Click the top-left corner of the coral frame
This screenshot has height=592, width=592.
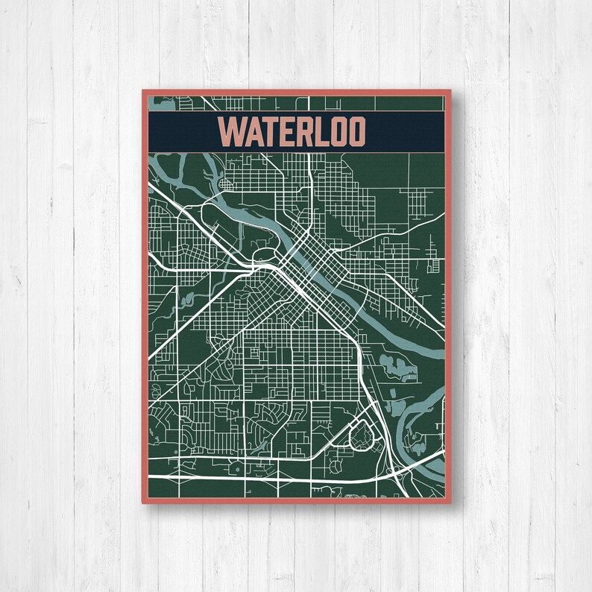click(x=143, y=91)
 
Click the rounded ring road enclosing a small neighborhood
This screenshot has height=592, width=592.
click(x=361, y=434)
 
